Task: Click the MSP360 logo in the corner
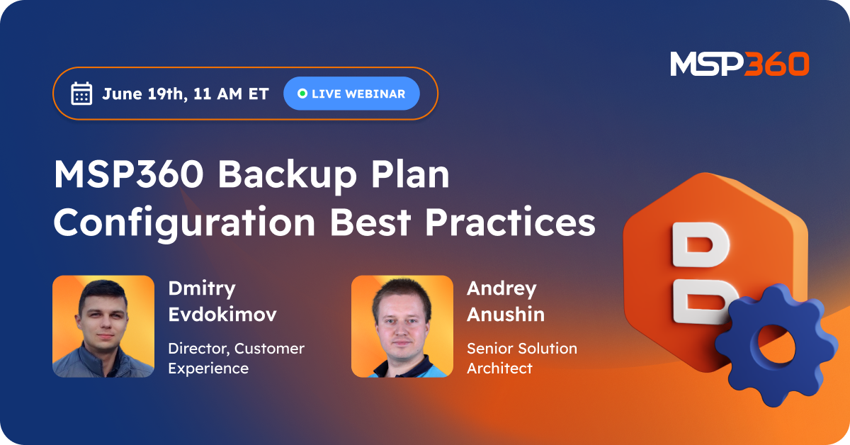pyautogui.click(x=739, y=64)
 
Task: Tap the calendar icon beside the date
pyautogui.click(x=82, y=94)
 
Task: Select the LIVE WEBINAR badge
pyautogui.click(x=351, y=94)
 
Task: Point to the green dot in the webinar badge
pyautogui.click(x=302, y=94)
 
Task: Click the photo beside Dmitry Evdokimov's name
pyautogui.click(x=103, y=326)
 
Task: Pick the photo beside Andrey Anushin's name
pyautogui.click(x=402, y=326)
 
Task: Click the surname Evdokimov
pyautogui.click(x=222, y=314)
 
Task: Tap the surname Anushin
pyautogui.click(x=505, y=314)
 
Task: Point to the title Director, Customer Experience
pyautogui.click(x=236, y=358)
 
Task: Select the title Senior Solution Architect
pyautogui.click(x=521, y=358)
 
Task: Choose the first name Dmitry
pyautogui.click(x=202, y=288)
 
